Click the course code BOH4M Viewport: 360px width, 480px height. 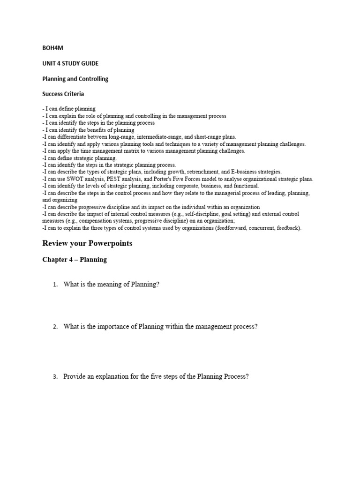(x=52, y=47)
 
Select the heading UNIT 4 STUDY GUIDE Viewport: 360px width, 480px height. (x=70, y=63)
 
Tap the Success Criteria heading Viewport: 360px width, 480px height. (x=64, y=94)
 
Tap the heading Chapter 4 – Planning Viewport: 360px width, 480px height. (x=75, y=260)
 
